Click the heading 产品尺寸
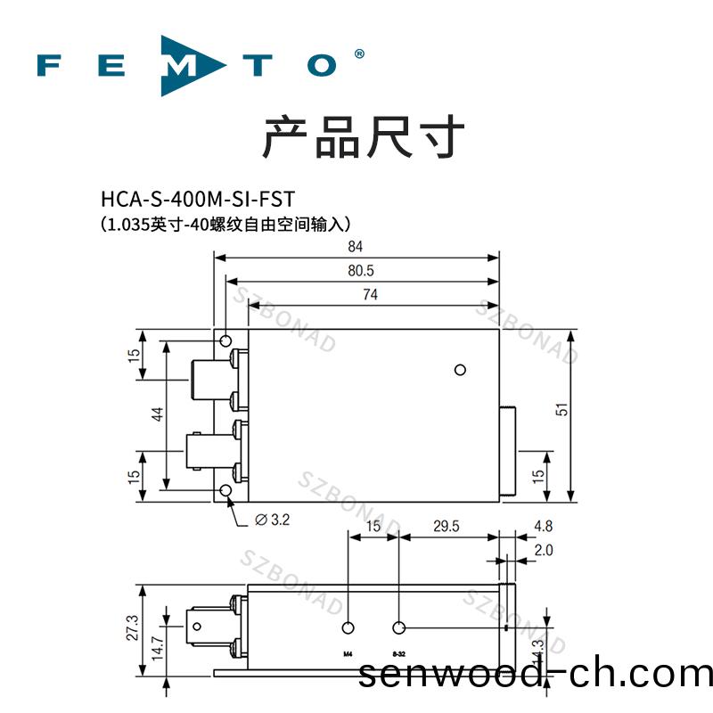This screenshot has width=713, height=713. pyautogui.click(x=363, y=138)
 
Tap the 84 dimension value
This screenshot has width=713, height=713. pyautogui.click(x=356, y=248)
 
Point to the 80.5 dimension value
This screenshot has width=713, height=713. pyautogui.click(x=356, y=271)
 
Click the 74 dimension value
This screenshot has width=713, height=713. pyautogui.click(x=369, y=295)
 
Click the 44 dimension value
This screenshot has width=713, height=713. pyautogui.click(x=157, y=414)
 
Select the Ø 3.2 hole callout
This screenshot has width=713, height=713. pyautogui.click(x=272, y=520)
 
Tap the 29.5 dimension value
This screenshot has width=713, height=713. pyautogui.click(x=446, y=527)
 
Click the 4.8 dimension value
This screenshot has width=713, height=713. pyautogui.click(x=542, y=527)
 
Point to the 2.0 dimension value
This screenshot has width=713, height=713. pyautogui.click(x=542, y=551)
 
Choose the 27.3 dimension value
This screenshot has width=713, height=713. pyautogui.click(x=133, y=627)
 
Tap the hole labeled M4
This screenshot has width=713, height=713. pyautogui.click(x=348, y=627)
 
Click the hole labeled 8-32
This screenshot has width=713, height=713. pyautogui.click(x=399, y=627)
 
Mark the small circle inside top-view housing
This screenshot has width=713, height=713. pyautogui.click(x=460, y=370)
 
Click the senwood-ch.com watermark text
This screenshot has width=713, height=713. pyautogui.click(x=535, y=674)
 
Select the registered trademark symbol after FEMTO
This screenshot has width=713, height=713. pyautogui.click(x=359, y=54)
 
